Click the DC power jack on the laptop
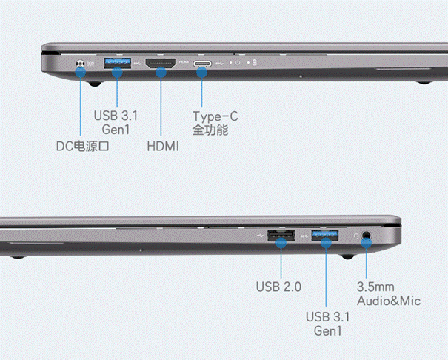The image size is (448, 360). pos(81,64)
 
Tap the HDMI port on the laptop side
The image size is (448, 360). pos(161,63)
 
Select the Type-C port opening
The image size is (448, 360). pos(202,64)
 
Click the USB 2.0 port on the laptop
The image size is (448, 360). pos(281,236)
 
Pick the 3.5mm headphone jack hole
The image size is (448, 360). pos(367,236)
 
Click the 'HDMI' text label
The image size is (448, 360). pos(163,147)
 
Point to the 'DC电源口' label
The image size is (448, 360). pos(83,146)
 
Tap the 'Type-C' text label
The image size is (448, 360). pos(215,116)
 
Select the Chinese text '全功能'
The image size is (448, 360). pos(210,130)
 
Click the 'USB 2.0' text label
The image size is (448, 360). pos(278,287)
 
